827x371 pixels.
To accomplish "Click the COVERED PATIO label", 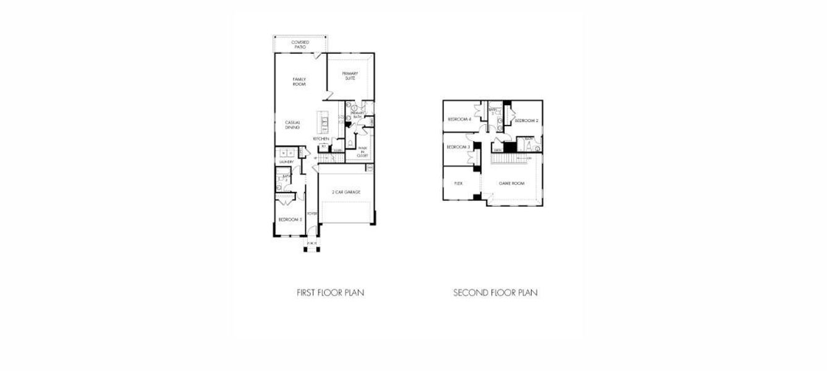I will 300,45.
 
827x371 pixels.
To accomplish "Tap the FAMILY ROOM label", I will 299,82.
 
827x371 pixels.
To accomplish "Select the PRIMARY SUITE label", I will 350,76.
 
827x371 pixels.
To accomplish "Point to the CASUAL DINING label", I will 292,125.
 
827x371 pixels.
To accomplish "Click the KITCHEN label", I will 321,139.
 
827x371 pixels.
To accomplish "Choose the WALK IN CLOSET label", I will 362,152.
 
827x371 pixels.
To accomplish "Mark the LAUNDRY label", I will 286,162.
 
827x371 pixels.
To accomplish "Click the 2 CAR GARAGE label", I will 346,192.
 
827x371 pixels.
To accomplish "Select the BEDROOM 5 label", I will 289,220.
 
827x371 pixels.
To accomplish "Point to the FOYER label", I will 312,213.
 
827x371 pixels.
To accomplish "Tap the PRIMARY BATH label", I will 357,115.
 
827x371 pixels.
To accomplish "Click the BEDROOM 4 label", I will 459,119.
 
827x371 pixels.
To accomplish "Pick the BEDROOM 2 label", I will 527,121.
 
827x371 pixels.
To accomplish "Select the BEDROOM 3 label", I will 459,147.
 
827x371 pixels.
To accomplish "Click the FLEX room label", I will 459,184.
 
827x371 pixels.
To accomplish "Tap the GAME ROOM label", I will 512,184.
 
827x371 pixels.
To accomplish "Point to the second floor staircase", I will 511,160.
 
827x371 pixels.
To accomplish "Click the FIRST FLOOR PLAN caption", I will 330,292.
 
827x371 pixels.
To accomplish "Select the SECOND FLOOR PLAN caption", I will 495,292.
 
